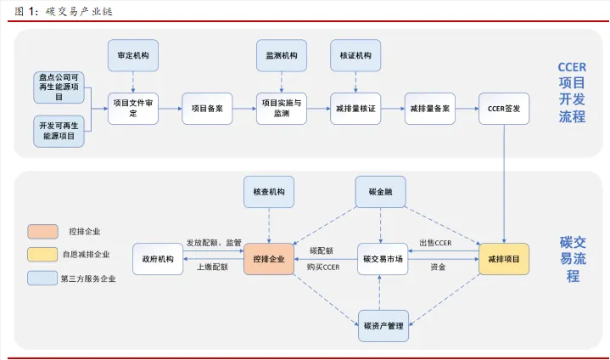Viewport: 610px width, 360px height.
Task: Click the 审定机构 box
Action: (133, 55)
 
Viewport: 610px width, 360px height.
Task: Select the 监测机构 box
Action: (282, 55)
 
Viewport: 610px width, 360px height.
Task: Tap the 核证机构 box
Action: (356, 55)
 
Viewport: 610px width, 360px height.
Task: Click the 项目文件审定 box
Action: (133, 109)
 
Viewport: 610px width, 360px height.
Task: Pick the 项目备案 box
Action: (207, 109)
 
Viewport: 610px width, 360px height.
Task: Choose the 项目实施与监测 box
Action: (282, 109)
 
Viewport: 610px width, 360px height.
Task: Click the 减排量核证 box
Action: (356, 109)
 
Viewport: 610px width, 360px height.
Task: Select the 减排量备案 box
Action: (430, 109)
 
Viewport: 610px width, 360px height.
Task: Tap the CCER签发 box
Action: (505, 109)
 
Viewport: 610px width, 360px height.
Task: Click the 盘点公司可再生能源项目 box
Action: (57, 87)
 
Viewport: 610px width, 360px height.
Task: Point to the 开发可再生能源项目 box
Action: (57, 130)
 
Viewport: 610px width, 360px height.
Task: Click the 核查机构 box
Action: (269, 193)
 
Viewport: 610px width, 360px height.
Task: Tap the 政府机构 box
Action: (158, 259)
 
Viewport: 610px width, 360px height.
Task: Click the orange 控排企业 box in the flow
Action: (269, 259)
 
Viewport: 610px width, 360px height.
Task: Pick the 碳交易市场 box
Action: (382, 259)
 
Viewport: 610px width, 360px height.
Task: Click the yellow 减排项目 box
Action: (504, 259)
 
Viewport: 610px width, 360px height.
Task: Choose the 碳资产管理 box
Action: (382, 325)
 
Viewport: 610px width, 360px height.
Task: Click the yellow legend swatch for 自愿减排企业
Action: (42, 254)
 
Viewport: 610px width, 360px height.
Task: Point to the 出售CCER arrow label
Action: (436, 244)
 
